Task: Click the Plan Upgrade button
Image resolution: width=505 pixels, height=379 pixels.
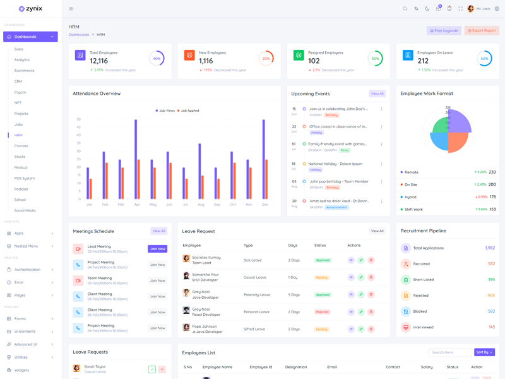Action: point(444,30)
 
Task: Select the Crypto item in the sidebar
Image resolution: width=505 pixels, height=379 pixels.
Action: point(20,92)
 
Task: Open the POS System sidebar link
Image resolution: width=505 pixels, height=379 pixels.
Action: point(25,178)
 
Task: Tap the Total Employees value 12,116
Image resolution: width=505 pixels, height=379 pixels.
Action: point(98,61)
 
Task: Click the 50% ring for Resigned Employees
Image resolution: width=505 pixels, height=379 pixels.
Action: point(375,58)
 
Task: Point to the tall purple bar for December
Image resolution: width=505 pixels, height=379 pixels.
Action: point(263,159)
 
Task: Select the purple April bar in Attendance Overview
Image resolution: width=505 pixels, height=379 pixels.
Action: point(135,159)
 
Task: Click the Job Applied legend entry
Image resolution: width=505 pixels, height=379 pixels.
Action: point(189,111)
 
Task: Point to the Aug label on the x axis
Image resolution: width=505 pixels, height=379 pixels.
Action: point(201,205)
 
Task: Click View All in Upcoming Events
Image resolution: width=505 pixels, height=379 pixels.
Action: point(377,93)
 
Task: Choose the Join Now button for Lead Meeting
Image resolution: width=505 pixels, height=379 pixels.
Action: point(157,249)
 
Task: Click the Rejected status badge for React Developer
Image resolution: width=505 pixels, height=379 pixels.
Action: point(322,312)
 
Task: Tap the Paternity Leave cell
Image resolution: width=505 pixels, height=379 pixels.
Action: point(257,295)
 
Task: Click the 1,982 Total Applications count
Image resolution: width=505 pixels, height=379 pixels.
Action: point(490,248)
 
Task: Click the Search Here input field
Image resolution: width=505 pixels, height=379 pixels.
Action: point(449,352)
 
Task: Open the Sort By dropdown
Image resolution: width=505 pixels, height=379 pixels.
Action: point(484,352)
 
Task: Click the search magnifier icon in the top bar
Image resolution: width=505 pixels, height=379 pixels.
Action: point(405,9)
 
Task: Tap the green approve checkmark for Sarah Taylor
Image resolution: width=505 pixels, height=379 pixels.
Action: point(151,369)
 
